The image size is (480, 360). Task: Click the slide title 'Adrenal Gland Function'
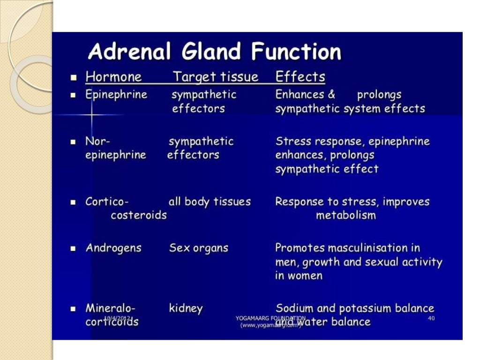click(214, 52)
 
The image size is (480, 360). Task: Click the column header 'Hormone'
click(113, 77)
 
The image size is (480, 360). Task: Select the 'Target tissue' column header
click(216, 77)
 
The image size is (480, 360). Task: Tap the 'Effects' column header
click(300, 77)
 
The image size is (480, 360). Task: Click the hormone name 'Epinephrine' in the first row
click(116, 95)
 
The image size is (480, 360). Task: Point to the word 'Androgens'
click(113, 248)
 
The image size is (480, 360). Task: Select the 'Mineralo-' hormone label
click(110, 308)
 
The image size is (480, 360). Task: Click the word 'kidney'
click(186, 308)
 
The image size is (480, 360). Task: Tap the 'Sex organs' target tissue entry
click(198, 248)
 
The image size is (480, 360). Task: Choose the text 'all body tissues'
click(210, 202)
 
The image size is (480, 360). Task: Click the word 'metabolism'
click(345, 216)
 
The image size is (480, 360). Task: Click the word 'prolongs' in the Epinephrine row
click(379, 95)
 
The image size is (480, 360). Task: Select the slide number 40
click(431, 318)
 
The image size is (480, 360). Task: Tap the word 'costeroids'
click(138, 216)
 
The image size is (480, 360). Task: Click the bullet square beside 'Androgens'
click(73, 249)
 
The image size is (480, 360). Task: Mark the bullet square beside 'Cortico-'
click(73, 203)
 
